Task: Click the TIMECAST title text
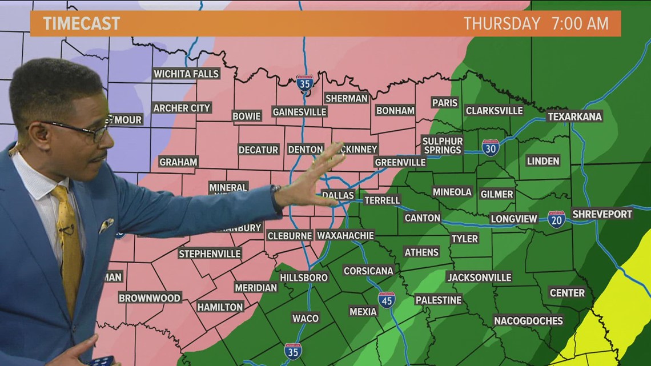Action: click(x=81, y=23)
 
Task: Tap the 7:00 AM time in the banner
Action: click(x=580, y=23)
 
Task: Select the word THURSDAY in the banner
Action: click(x=501, y=23)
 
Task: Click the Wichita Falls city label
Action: click(x=186, y=74)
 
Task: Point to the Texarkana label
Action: click(x=574, y=116)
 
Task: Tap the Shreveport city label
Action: click(x=602, y=214)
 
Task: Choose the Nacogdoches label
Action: click(x=528, y=320)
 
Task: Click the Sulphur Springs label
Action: click(x=443, y=145)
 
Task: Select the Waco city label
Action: click(x=305, y=318)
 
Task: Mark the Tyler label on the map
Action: click(x=464, y=238)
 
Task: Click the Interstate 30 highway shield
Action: click(x=490, y=148)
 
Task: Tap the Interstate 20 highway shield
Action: click(x=556, y=219)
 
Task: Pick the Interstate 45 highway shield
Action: click(x=387, y=300)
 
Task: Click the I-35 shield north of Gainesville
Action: click(x=304, y=83)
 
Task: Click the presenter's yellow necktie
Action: click(x=68, y=240)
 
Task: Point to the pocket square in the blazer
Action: click(x=106, y=226)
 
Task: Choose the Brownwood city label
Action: click(x=150, y=297)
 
